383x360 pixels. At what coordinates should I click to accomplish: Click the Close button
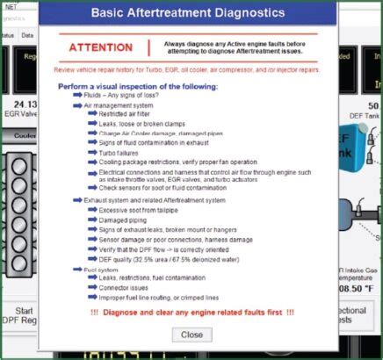191,335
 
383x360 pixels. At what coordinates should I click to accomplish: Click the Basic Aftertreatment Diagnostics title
191,13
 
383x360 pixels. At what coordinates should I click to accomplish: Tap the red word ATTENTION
101,47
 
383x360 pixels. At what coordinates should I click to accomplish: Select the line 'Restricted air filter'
127,115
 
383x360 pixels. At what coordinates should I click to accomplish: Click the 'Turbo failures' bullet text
119,151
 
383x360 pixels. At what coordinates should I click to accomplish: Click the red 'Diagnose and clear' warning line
191,313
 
